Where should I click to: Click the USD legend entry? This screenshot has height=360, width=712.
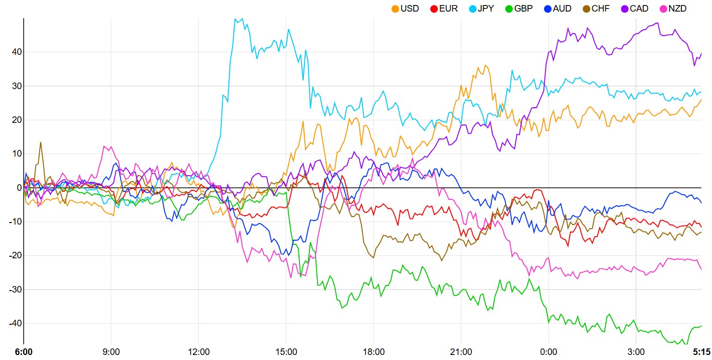tap(405, 9)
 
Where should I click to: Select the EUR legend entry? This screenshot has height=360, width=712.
tap(444, 9)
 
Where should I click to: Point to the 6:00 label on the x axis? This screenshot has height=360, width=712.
tap(24, 351)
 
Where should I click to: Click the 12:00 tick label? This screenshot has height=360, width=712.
tap(199, 351)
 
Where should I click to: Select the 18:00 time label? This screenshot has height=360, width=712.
tap(373, 351)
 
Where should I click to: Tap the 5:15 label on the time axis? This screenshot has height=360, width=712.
tap(701, 351)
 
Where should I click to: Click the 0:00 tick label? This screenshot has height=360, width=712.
tap(548, 351)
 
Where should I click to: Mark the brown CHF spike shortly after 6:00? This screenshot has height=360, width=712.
tap(41, 142)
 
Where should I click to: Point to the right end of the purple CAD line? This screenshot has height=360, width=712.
tap(701, 53)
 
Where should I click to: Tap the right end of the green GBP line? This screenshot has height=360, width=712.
tap(701, 326)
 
